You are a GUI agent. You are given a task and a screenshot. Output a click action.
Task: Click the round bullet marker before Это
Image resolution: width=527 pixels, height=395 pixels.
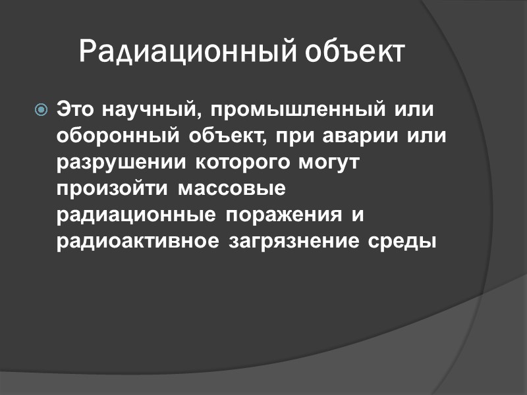pos(42,109)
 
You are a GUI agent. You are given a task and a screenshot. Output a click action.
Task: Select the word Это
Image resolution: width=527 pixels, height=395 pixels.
pos(76,108)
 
